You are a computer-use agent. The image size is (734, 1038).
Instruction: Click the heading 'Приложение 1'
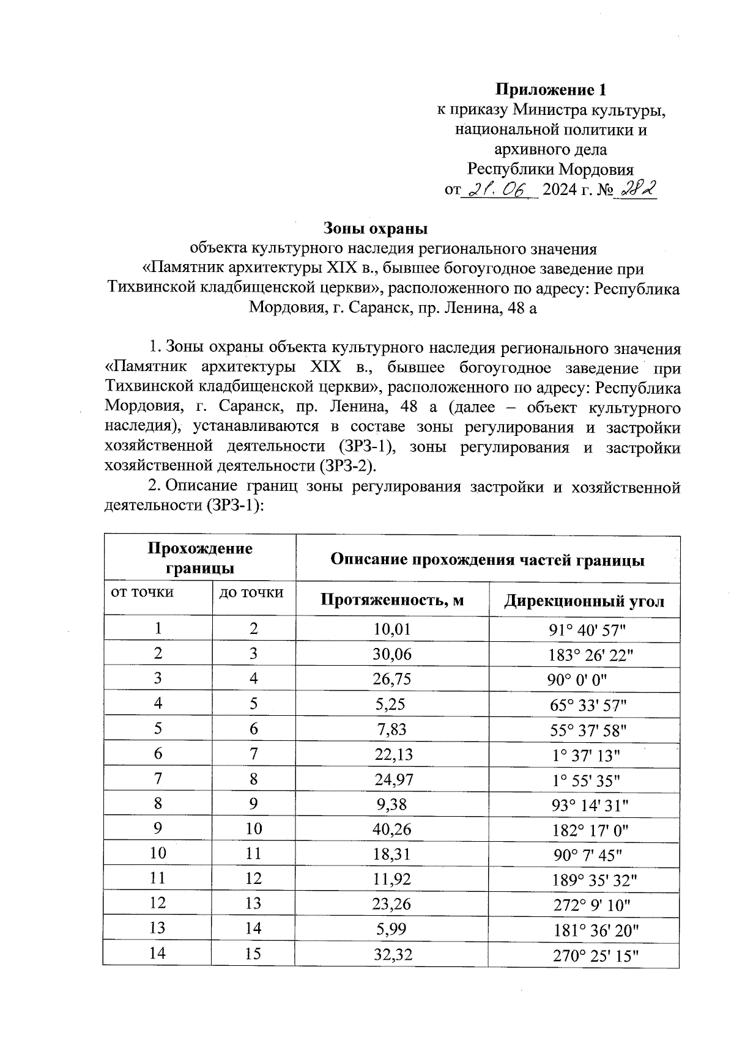point(550,90)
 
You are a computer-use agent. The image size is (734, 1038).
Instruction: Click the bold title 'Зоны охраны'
point(375,229)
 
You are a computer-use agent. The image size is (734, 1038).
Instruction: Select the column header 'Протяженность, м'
point(392,600)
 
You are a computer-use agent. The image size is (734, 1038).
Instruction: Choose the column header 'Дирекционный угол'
point(584,602)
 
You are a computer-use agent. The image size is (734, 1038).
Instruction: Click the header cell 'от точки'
point(142,592)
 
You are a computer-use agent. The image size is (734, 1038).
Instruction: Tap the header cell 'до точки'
point(251,592)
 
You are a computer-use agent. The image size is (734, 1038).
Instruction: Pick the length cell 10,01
point(391,629)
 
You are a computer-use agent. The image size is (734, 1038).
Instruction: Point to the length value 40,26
point(392,830)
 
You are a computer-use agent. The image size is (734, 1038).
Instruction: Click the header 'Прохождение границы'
point(200,558)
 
